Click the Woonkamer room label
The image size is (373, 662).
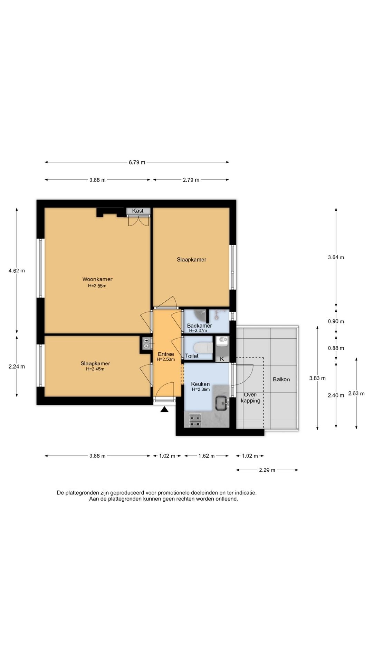pos(97,279)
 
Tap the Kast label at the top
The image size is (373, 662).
pos(138,211)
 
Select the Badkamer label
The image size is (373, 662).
pos(200,325)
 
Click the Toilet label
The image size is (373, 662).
pos(192,356)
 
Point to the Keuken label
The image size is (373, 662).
pos(200,384)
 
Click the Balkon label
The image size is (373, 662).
pos(281,379)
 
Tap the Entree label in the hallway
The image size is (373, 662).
pos(166,354)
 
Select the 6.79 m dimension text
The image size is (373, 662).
pos(137,162)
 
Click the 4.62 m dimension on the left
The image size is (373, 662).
pos(17,271)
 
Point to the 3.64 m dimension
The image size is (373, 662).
pos(336,257)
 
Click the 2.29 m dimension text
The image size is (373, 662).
pos(267,470)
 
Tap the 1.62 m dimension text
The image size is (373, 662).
pos(207,456)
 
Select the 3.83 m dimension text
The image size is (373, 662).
pos(317,378)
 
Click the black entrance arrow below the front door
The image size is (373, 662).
pos(164,409)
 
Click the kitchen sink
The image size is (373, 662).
pos(222,403)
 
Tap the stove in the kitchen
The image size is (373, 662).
pos(195,420)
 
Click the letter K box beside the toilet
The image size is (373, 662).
pos(222,359)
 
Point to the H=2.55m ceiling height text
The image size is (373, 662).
pos(97,286)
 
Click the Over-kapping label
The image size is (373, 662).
pos(251,398)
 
